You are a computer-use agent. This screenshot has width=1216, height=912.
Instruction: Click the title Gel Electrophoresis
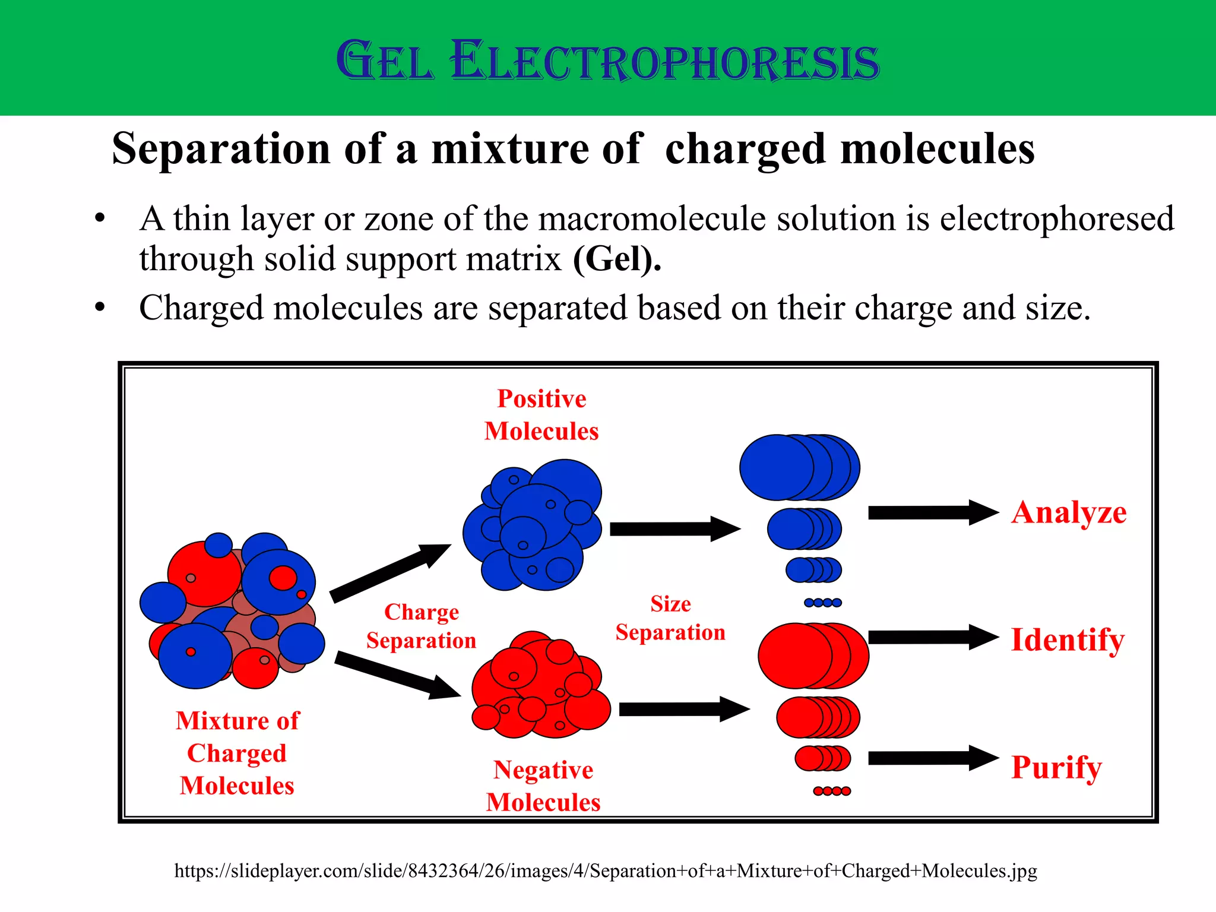point(607,61)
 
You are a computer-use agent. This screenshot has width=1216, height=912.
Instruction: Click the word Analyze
point(1069,512)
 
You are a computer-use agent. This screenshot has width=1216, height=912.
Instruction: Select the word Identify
point(1068,640)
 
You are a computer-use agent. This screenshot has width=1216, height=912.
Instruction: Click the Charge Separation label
point(421,626)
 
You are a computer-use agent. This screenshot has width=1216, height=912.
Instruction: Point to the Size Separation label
point(670,618)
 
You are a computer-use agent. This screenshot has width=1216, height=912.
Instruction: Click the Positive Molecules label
point(541,414)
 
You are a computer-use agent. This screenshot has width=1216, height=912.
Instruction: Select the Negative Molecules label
point(543,786)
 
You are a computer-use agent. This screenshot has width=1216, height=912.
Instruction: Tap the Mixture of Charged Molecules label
point(237,752)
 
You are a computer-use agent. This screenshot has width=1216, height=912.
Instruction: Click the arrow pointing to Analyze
point(932,512)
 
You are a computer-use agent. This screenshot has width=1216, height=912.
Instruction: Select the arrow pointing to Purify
point(932,758)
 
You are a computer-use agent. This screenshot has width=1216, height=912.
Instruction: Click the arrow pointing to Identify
point(932,637)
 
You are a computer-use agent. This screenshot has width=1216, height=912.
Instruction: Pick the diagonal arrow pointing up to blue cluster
point(389,573)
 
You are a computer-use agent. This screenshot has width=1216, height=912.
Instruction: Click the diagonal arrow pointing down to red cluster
point(397,675)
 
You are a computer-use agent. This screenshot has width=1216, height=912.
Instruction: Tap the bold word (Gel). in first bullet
point(617,259)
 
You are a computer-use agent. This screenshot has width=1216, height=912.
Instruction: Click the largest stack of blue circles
point(799,467)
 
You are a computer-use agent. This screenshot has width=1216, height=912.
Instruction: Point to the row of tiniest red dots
point(832,791)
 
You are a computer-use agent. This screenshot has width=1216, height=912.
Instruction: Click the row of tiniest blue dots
point(822,603)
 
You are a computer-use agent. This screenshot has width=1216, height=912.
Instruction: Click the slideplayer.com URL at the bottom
point(606,870)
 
